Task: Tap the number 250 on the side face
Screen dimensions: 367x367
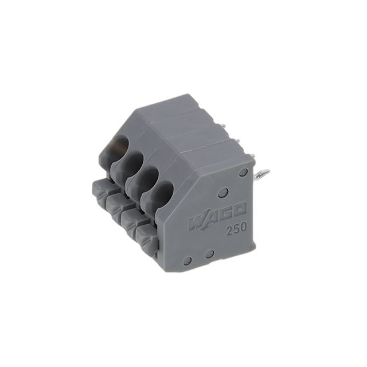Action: [x=236, y=227]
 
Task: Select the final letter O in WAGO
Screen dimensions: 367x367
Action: [x=239, y=209]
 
